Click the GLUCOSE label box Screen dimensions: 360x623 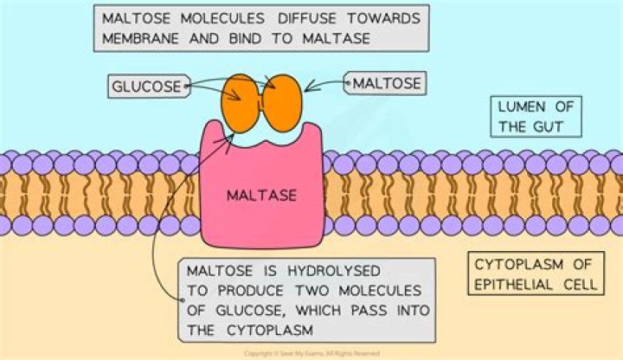point(146,86)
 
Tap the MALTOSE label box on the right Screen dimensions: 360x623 point(386,84)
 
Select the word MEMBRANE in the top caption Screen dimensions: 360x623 point(137,39)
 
